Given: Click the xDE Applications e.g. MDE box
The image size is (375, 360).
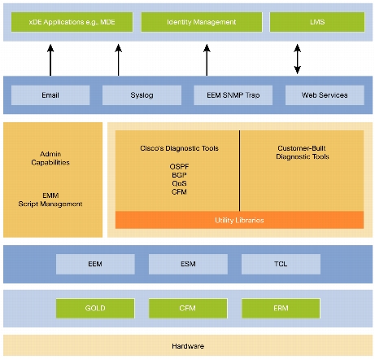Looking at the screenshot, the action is pos(72,22).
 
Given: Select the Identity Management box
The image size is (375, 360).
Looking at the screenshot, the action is pos(202,22).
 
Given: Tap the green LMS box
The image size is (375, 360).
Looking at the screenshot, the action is pos(317,22).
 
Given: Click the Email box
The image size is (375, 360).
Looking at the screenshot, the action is pos(50,95).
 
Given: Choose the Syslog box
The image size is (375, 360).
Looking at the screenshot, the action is pos(142,95).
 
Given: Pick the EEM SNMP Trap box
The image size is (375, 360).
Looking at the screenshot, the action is pos(233,95).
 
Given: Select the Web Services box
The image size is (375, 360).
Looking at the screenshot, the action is pos(325,95).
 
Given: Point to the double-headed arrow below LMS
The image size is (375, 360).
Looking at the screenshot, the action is pos(298,59).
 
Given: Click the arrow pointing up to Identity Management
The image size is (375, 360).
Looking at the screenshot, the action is pos(207,60).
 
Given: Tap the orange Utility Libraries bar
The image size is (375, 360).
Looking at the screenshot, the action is pos(239,220).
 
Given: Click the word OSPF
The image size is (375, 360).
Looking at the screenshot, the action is pos(179,166).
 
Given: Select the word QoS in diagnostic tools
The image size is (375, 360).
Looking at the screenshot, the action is pos(179,183).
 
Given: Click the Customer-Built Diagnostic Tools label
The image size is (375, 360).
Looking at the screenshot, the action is pos(303,152).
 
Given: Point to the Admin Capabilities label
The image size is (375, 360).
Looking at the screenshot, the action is pos(50,158).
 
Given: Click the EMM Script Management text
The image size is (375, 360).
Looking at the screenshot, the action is pos(50,200).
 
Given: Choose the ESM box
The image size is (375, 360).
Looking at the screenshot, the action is pos(188,264).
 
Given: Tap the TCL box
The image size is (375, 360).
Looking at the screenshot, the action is pos(281,264).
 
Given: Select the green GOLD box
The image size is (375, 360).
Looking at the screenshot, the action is pos(95,308).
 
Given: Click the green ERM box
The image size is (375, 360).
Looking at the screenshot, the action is pos(281,308).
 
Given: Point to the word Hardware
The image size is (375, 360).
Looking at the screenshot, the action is pos(188,346).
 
